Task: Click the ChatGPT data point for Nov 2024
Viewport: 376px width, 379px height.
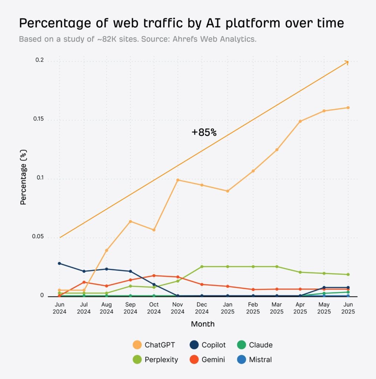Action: point(178,180)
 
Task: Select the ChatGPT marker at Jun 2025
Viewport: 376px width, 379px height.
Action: point(348,108)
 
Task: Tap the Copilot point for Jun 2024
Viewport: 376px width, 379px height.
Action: point(59,263)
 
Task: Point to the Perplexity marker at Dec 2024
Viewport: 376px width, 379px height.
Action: point(202,266)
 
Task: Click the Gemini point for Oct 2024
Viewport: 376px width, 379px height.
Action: point(154,275)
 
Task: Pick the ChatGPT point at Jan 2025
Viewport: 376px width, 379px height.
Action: point(228,191)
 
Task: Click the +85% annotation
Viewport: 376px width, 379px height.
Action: point(204,133)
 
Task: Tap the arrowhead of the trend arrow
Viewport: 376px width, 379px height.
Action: point(347,62)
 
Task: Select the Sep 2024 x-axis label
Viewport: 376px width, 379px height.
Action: point(130,308)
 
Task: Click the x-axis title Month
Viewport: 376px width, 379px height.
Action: point(203,324)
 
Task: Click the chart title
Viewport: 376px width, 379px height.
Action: point(182,23)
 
